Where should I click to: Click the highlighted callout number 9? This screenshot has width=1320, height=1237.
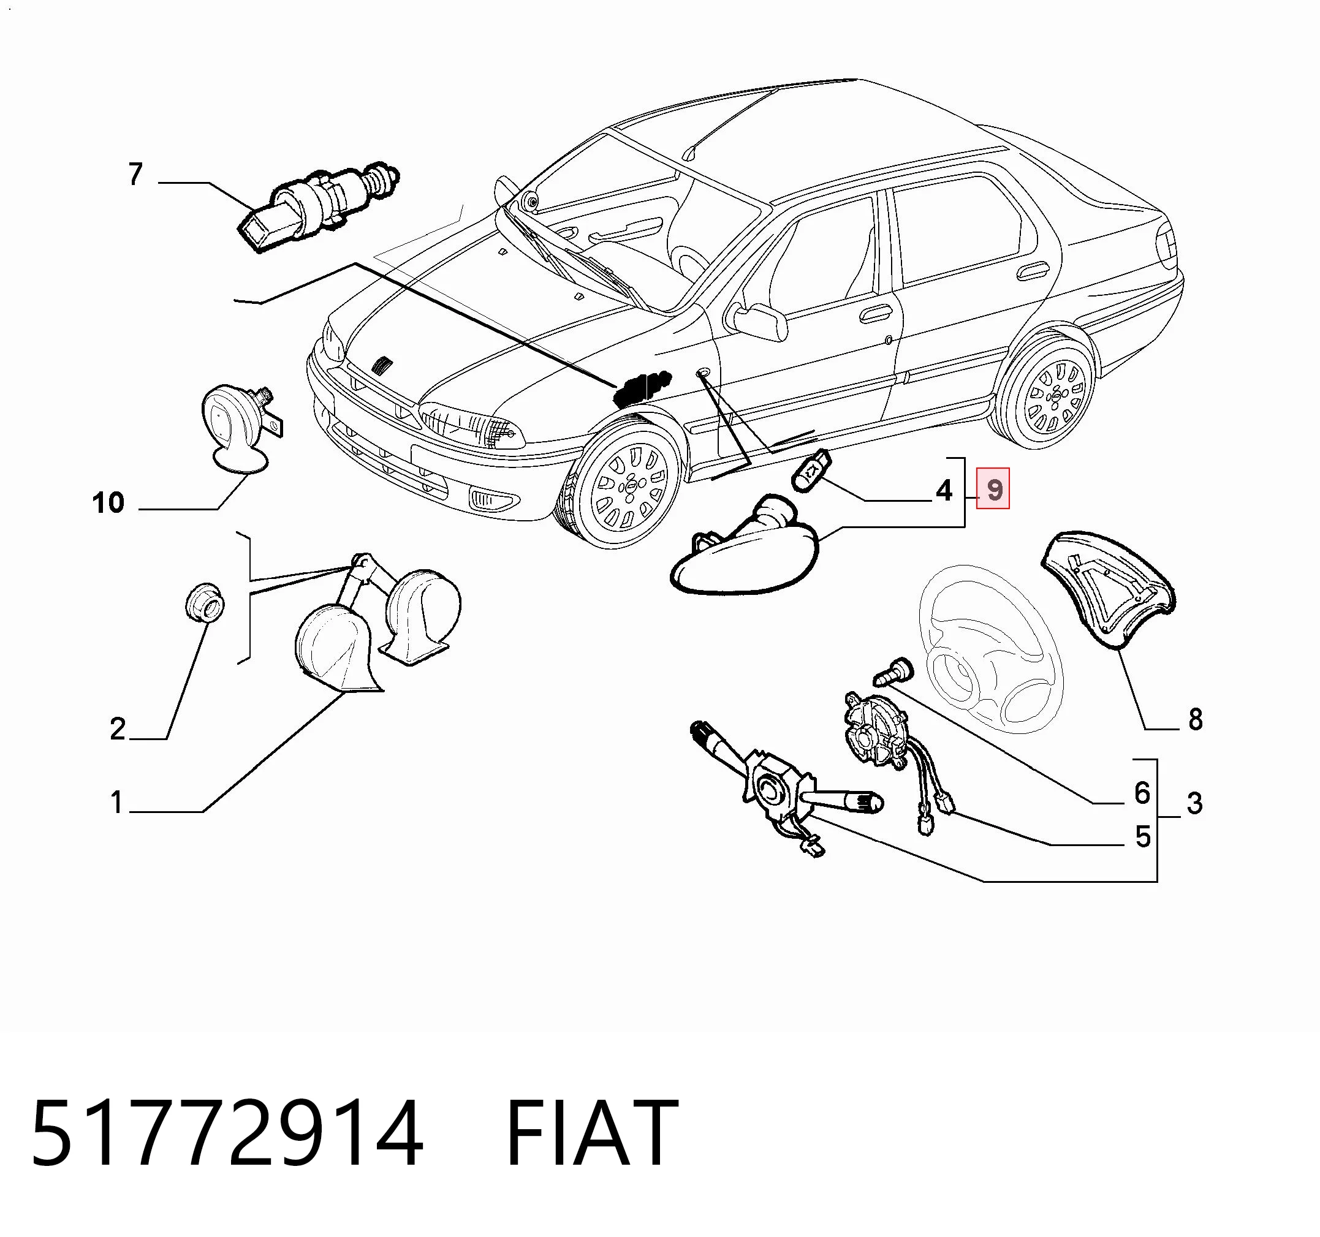993,490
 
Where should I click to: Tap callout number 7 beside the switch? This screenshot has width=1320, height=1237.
135,174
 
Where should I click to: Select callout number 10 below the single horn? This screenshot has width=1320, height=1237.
108,502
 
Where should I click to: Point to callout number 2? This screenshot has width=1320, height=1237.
118,729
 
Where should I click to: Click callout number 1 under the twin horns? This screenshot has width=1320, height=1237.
117,802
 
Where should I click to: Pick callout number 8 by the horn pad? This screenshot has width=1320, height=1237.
1195,719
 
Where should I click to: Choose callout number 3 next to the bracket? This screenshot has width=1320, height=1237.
1194,803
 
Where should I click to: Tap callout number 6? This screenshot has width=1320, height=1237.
1142,792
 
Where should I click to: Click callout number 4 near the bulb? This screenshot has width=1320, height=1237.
944,490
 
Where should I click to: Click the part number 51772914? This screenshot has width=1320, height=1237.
227,1133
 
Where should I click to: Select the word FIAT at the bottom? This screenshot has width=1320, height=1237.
592,1133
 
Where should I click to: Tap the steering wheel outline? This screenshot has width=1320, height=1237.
989,648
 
